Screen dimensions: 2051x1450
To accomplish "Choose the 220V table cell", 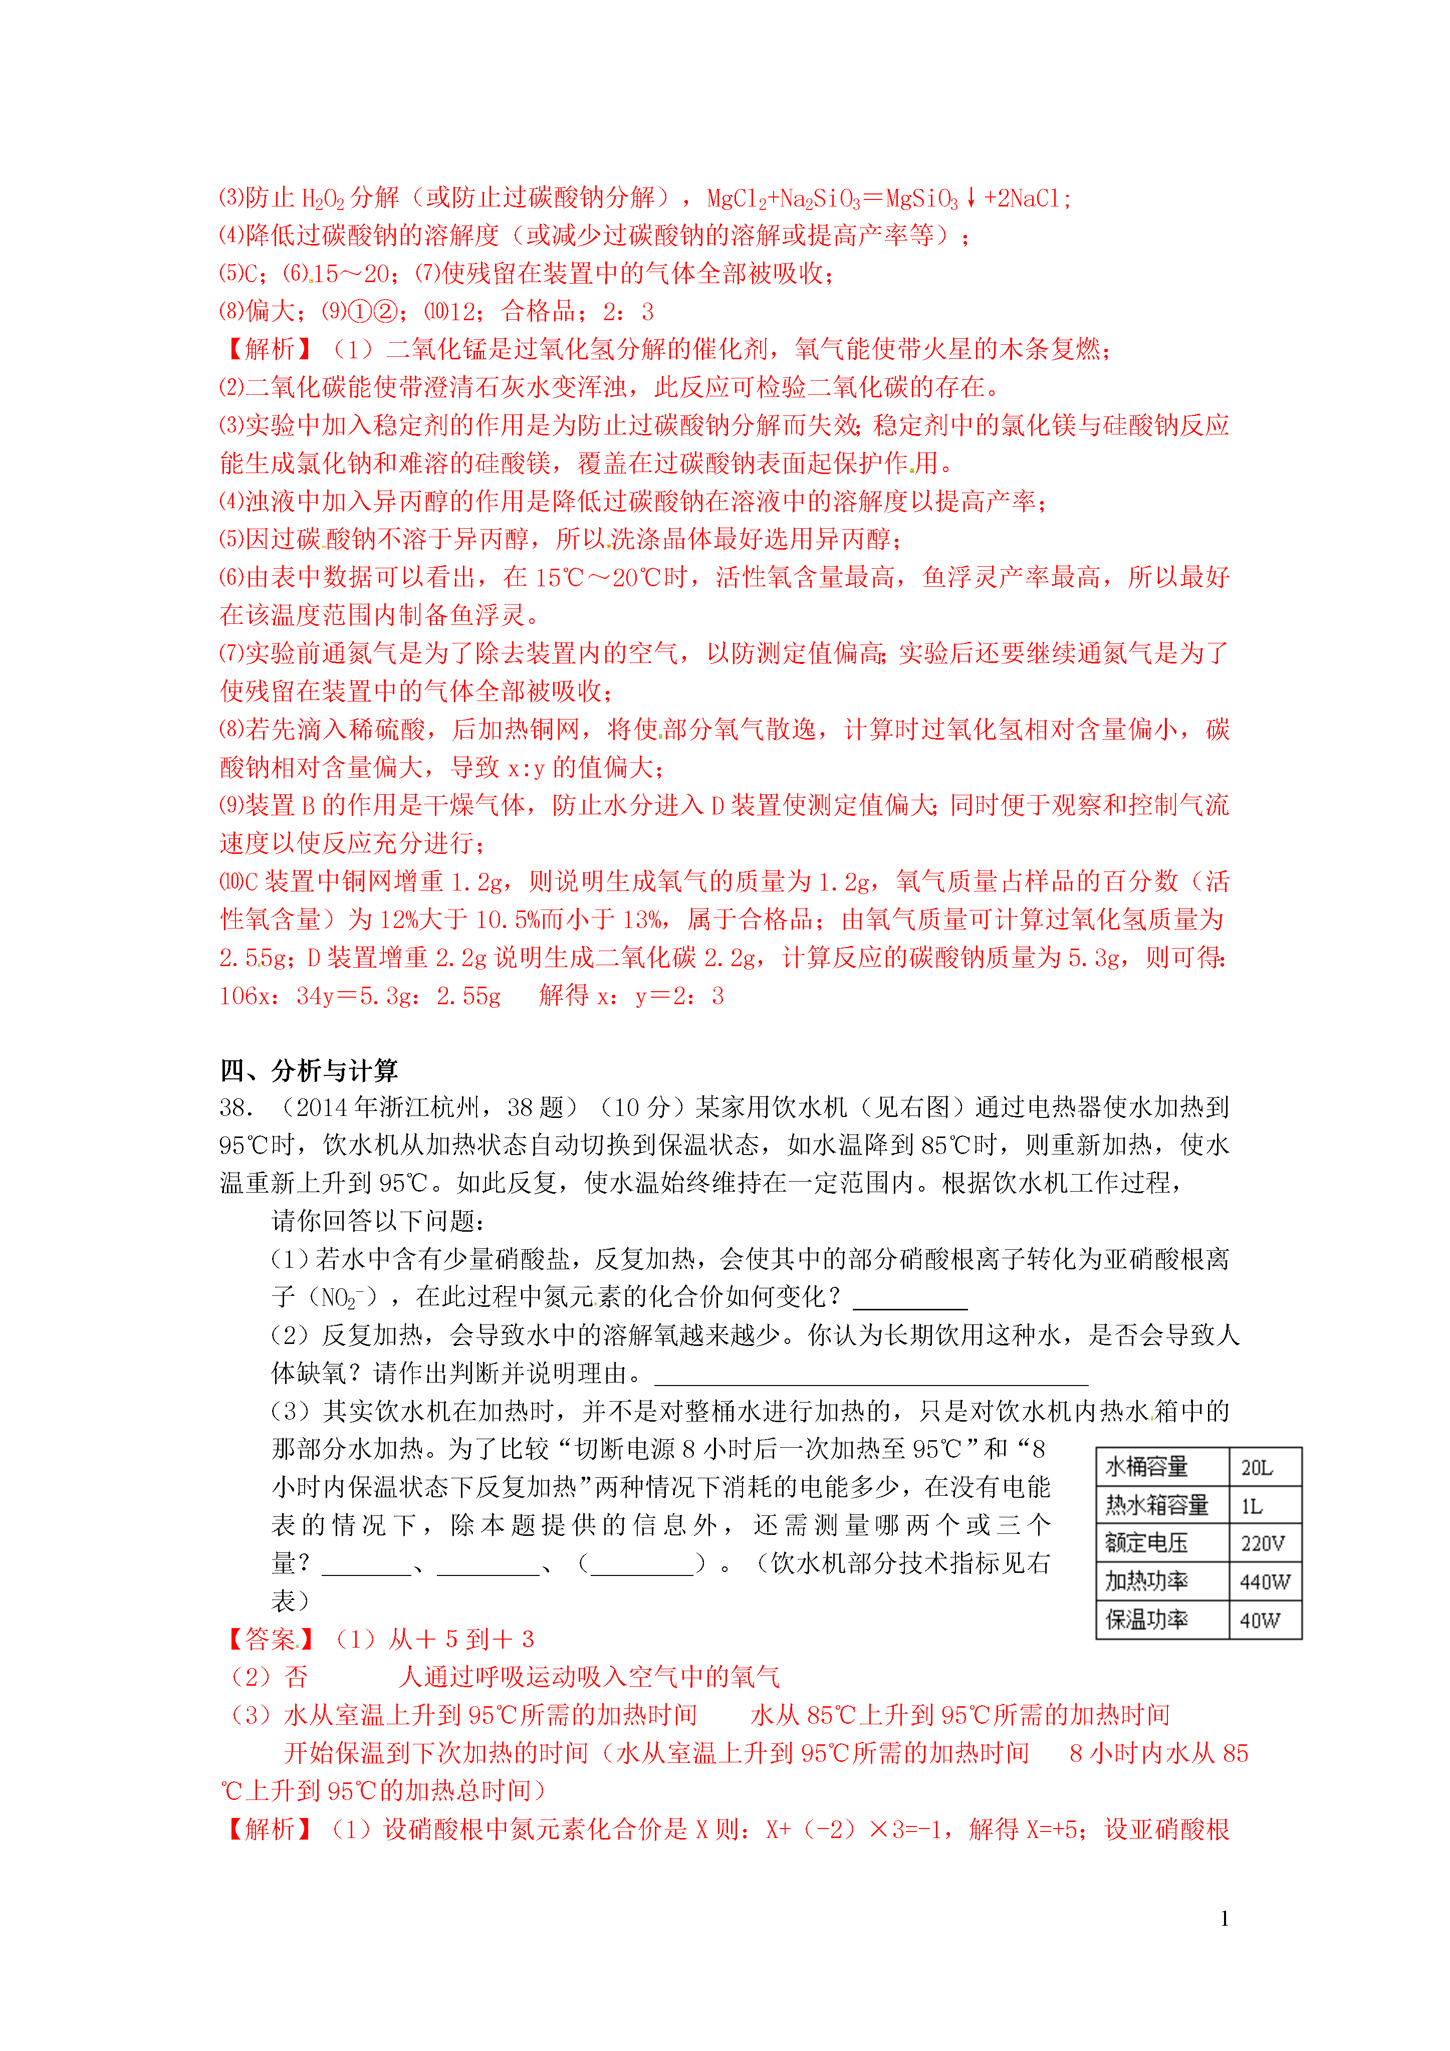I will click(x=1263, y=1543).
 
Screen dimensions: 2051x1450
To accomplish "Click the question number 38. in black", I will click(x=237, y=1108).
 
